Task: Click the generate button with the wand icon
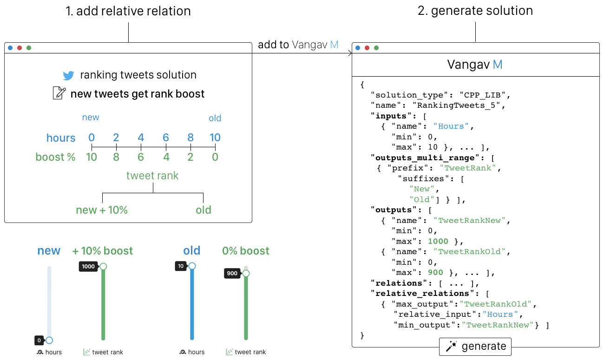click(475, 347)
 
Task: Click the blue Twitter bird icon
click(69, 75)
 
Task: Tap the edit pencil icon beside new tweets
click(59, 93)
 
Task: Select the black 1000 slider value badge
click(88, 267)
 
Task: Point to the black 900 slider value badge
click(232, 273)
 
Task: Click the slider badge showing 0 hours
click(39, 340)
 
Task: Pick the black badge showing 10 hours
click(181, 266)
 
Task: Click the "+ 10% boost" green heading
click(102, 251)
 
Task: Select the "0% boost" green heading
click(245, 251)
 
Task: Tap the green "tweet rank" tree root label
click(152, 176)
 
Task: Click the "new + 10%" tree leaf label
click(102, 210)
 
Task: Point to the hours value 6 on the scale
click(165, 137)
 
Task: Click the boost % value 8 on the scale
click(116, 157)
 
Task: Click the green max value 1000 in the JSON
click(438, 241)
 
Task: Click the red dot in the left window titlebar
click(20, 47)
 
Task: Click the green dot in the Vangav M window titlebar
click(376, 47)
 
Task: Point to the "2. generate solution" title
click(475, 11)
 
